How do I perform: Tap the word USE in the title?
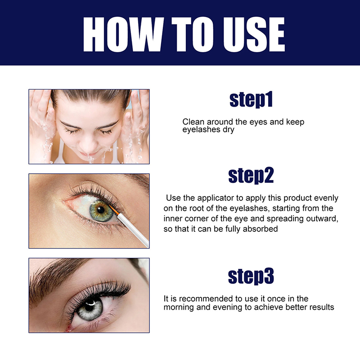pyautogui.click(x=254, y=35)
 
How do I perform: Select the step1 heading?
pyautogui.click(x=251, y=99)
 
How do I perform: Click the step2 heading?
pyautogui.click(x=251, y=175)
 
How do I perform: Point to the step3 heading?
pyautogui.click(x=251, y=276)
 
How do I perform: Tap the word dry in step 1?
pyautogui.click(x=229, y=130)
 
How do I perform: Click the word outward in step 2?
pyautogui.click(x=322, y=218)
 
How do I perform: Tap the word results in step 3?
pyautogui.click(x=322, y=307)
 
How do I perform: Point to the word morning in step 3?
pyautogui.click(x=179, y=307)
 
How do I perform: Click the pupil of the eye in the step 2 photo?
pyautogui.click(x=100, y=210)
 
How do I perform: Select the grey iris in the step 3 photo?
pyautogui.click(x=90, y=309)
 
